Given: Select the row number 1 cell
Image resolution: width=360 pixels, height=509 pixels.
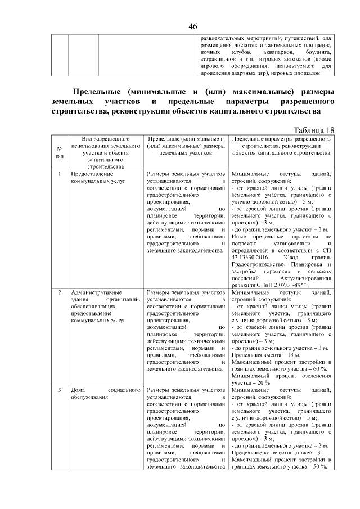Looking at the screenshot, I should coord(60,174).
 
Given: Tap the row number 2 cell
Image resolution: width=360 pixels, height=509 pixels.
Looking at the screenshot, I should coord(60,292).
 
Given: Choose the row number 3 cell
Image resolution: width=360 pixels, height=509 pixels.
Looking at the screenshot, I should coord(60,390).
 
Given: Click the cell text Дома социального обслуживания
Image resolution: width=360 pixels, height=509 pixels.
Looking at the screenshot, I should coord(103,393).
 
